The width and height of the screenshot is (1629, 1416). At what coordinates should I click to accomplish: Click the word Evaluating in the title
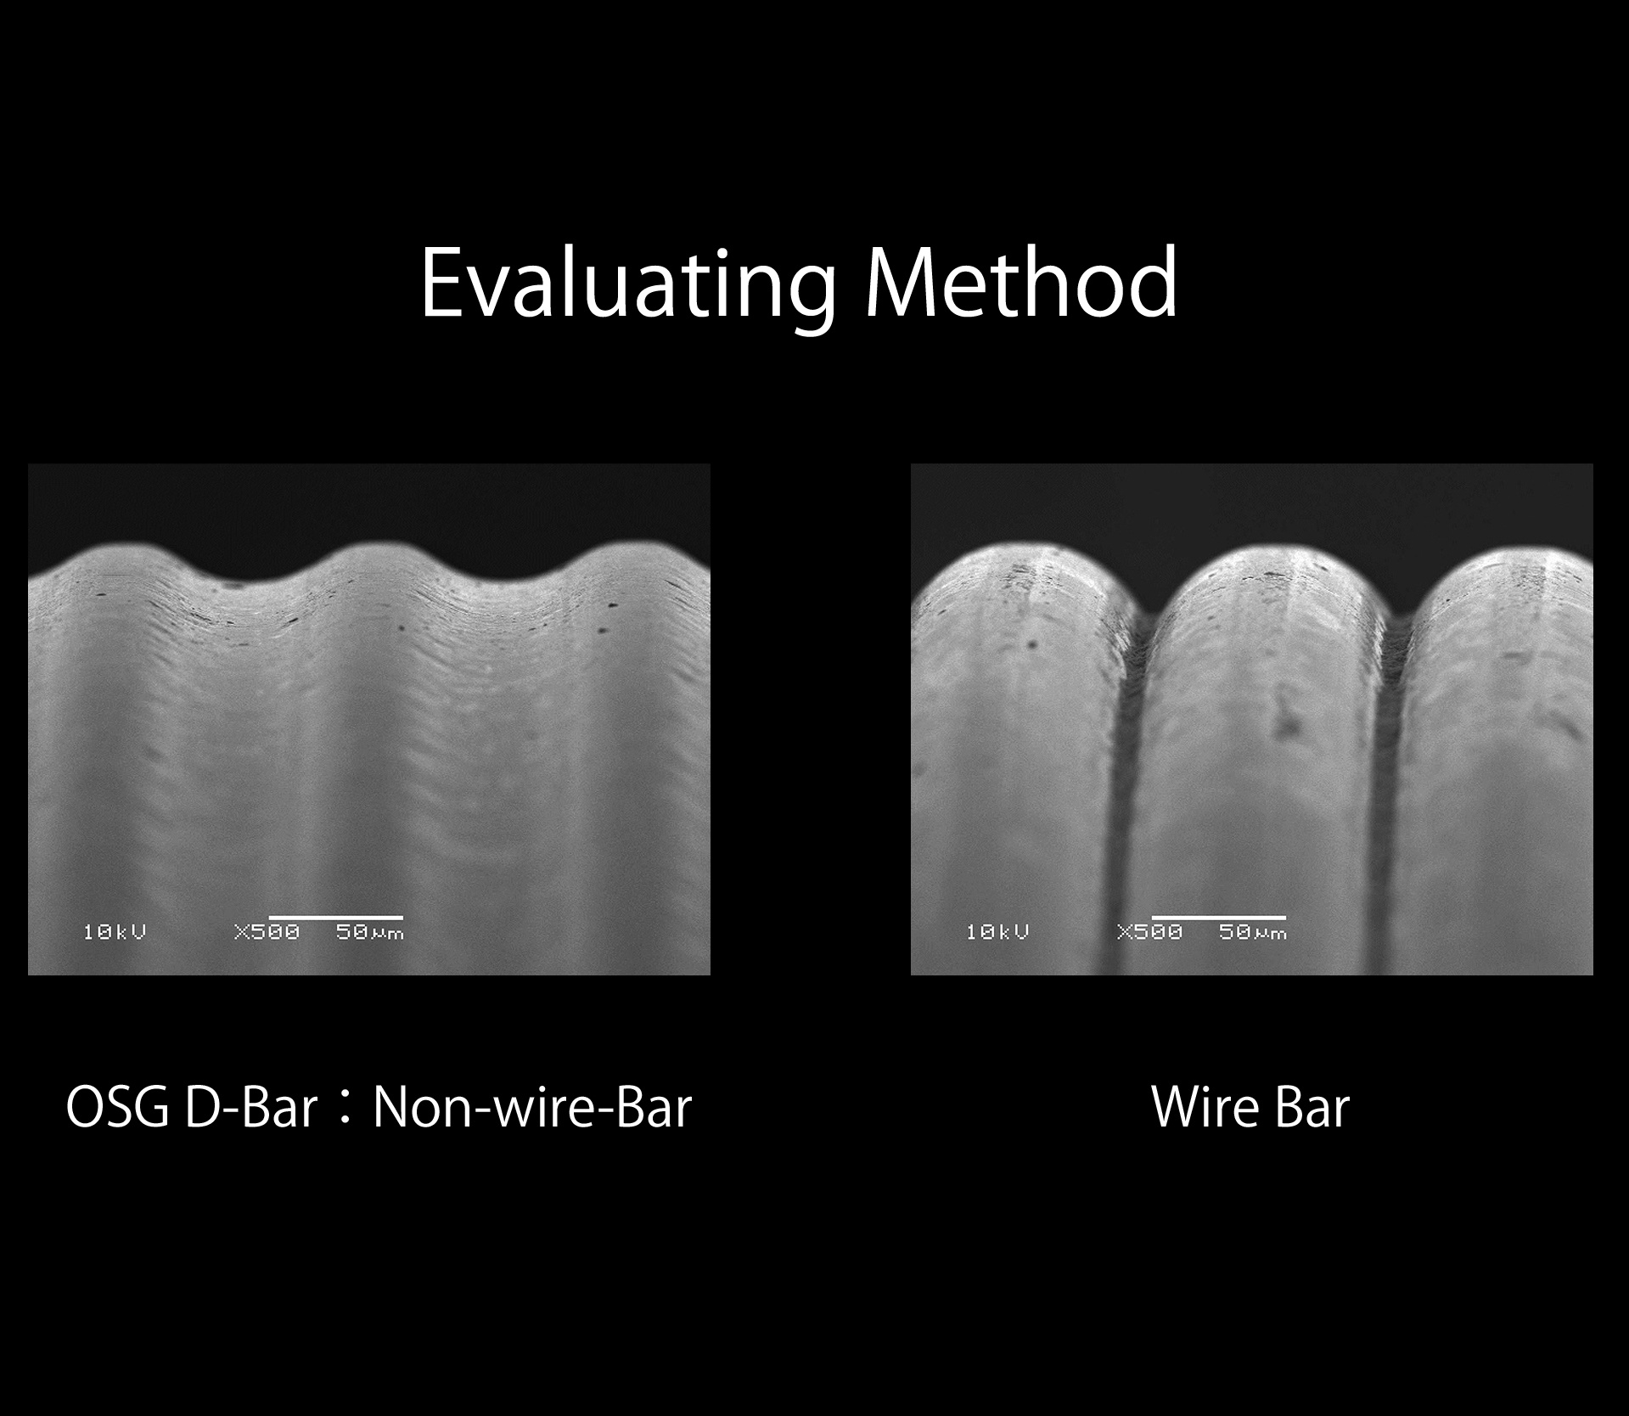coord(628,284)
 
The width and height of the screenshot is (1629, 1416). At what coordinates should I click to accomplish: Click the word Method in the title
coord(1020,282)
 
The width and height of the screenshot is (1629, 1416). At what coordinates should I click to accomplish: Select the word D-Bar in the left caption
coord(250,1108)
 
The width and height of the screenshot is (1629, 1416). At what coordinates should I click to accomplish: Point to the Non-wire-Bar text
coord(532,1108)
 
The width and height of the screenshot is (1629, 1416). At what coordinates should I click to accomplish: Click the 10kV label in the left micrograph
coord(115,932)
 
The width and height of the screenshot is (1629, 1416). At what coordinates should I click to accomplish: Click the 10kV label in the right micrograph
coord(997,932)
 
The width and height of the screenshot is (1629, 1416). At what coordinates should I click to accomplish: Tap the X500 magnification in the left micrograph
coord(267,932)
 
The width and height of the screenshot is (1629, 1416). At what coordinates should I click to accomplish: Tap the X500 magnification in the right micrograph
coord(1149,932)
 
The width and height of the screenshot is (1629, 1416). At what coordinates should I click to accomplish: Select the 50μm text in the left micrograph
coord(370,932)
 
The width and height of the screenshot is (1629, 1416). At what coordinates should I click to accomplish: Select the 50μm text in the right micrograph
coord(1253,932)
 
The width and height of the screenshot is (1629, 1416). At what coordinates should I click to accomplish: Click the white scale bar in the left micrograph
coord(335,918)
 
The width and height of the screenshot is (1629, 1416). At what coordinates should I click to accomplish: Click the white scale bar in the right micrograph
coord(1218,918)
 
